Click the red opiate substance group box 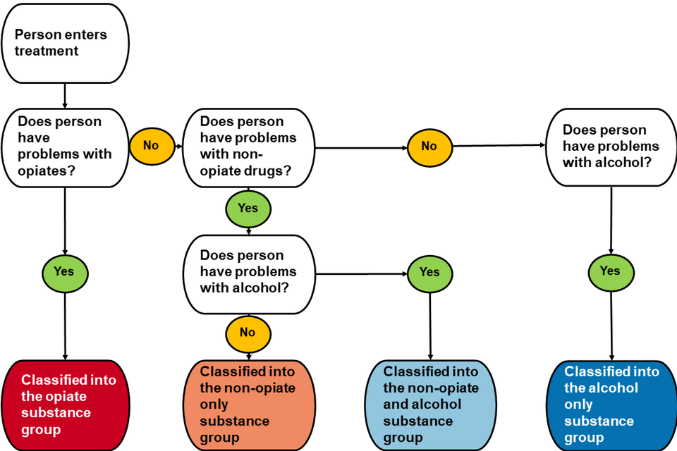[x=65, y=404]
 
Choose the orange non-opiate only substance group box [x=248, y=404]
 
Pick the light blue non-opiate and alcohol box [x=430, y=404]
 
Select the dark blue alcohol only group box [x=611, y=404]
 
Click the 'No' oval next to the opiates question [x=151, y=146]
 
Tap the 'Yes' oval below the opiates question [x=65, y=271]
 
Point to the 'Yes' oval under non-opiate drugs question [x=248, y=209]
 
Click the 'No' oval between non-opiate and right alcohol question [x=429, y=147]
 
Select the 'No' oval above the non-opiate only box [x=248, y=332]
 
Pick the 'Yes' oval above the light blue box [x=429, y=272]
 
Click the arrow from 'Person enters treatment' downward [x=65, y=95]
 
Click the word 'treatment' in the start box [x=47, y=51]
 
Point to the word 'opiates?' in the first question [x=46, y=170]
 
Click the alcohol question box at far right [x=610, y=147]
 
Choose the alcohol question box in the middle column [x=248, y=271]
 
